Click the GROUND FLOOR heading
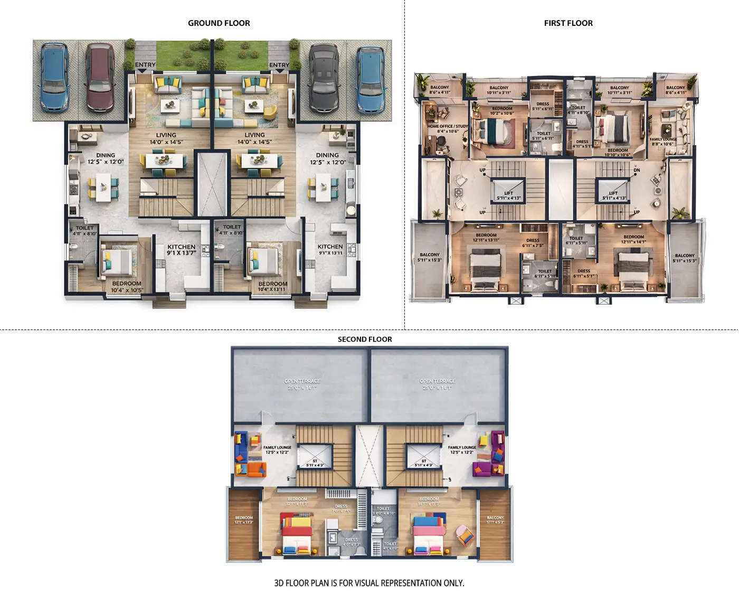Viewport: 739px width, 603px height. pos(219,23)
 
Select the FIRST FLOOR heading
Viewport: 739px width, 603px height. pos(568,23)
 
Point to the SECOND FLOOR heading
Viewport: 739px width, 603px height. pos(365,340)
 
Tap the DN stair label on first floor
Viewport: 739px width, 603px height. pos(637,170)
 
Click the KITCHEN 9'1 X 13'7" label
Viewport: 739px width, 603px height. pos(181,250)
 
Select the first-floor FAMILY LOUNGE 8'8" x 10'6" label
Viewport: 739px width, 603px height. pos(662,142)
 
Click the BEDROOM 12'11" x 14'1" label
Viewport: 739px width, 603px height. pos(633,239)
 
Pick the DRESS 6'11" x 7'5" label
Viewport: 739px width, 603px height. pos(533,243)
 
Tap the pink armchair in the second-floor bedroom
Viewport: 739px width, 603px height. pos(465,534)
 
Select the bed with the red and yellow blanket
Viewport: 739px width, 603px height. pos(297,534)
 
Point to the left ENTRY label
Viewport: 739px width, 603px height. pos(145,65)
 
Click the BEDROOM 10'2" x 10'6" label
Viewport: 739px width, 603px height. pos(501,111)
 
